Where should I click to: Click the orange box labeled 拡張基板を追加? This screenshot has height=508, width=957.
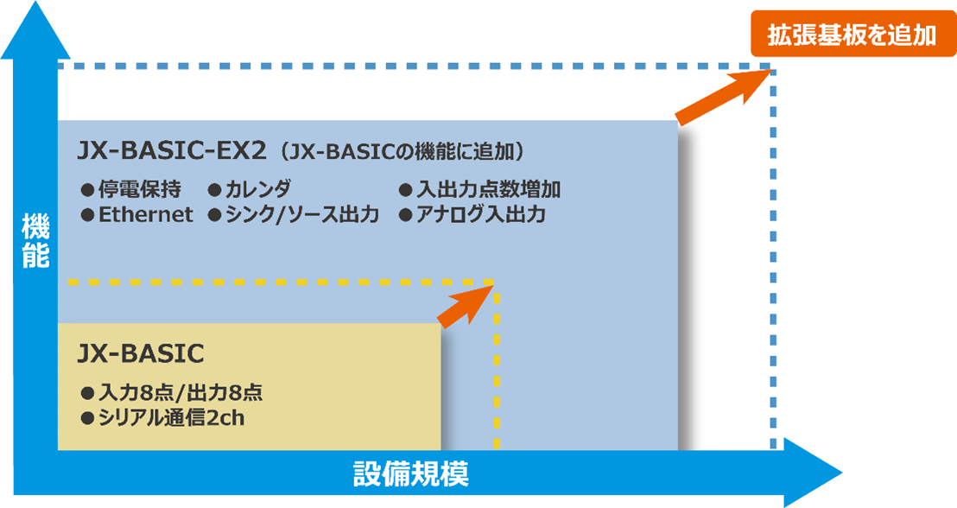click(x=852, y=35)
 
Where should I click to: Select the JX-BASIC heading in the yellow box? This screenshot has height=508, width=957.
click(x=140, y=353)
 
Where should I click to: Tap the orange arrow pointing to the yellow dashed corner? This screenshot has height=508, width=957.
click(x=464, y=306)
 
